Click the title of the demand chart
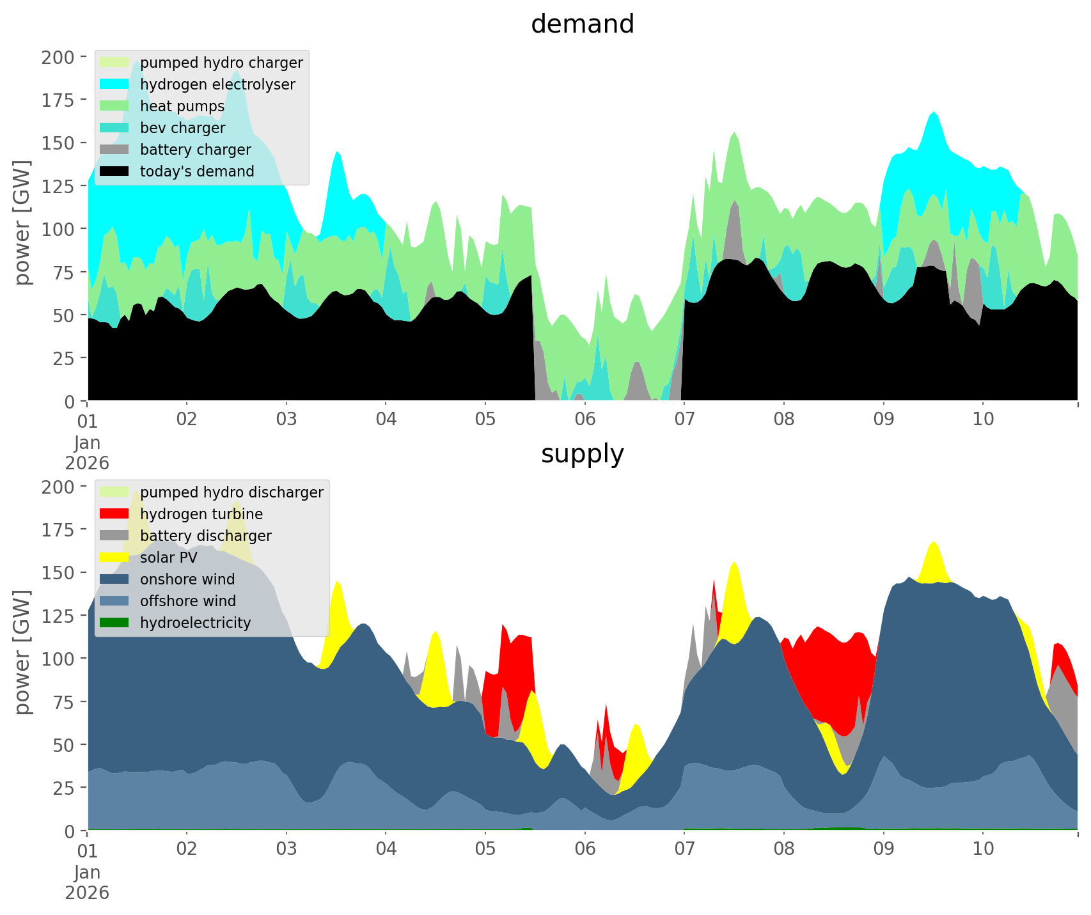click(582, 24)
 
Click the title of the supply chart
click(582, 454)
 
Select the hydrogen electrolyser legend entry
click(217, 84)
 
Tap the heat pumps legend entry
click(182, 106)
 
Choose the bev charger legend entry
click(182, 128)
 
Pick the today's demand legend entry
click(197, 171)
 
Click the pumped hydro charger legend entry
click(221, 63)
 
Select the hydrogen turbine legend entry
click(201, 514)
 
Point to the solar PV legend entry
click(168, 558)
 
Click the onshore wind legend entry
click(187, 579)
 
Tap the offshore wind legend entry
click(188, 601)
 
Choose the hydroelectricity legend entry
click(195, 623)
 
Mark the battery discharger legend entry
click(205, 536)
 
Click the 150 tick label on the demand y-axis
click(58, 143)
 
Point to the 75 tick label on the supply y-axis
click(62, 702)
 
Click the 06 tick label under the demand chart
click(585, 419)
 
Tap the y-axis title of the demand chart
click(22, 223)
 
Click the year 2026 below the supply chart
click(87, 892)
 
